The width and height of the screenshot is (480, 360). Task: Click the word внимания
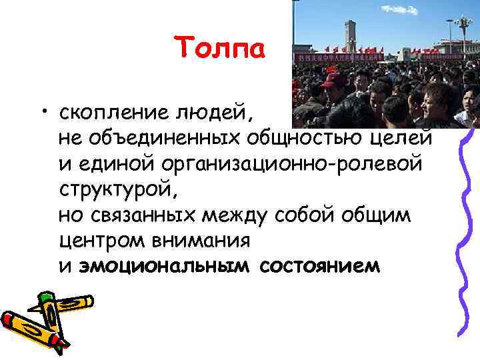coord(200,241)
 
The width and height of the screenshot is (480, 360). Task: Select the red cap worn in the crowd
coord(333,79)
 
